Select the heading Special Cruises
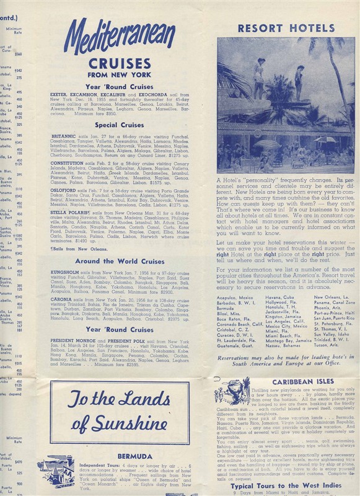click(x=119, y=125)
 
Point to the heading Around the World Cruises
click(x=119, y=261)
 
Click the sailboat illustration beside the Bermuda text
click(x=55, y=472)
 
